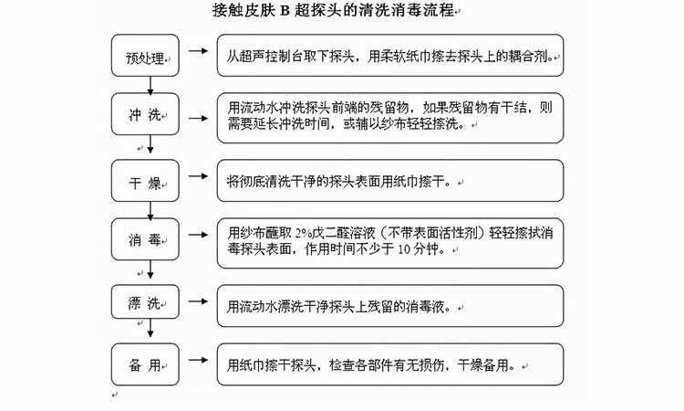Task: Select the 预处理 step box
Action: point(146,57)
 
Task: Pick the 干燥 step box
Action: point(146,182)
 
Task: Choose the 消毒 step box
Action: point(146,240)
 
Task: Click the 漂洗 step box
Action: point(146,304)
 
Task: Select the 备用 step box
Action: point(146,364)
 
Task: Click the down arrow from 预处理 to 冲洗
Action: point(150,84)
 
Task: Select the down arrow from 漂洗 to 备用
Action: point(150,332)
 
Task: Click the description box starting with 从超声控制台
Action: point(389,56)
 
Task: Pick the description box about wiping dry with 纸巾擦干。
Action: point(389,181)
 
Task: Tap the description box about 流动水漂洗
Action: point(389,306)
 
